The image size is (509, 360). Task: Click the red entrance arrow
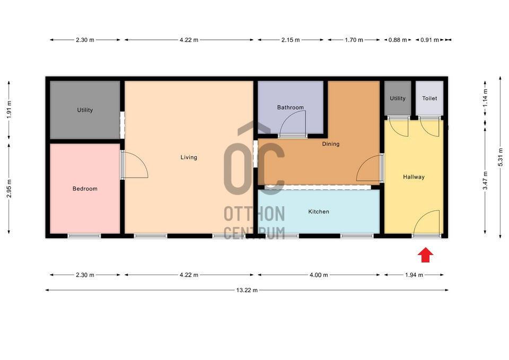425,255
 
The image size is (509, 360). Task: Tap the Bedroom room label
85,189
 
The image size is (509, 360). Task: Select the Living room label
189,157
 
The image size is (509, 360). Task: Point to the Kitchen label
319,212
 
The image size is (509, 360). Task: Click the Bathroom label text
290,108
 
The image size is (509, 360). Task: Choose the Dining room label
330,144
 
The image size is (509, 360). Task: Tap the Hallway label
414,177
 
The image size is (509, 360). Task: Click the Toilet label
429,98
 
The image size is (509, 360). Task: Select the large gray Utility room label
85,110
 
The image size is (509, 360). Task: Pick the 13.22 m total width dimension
247,290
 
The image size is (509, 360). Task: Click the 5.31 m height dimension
500,157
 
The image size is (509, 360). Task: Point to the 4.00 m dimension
319,275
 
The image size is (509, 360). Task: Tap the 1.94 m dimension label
414,275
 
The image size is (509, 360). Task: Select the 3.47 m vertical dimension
485,180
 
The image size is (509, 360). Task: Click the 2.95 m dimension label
9,188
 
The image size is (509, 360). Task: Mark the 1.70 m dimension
354,40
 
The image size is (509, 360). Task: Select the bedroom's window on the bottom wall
84,236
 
